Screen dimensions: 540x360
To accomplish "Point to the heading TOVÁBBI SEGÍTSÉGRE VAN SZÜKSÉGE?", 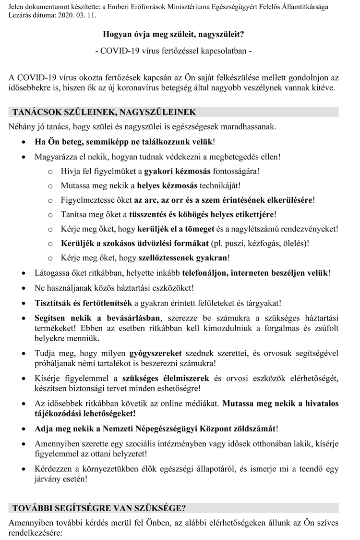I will [x=99, y=508].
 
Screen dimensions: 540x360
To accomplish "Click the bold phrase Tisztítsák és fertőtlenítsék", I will [x=83, y=303].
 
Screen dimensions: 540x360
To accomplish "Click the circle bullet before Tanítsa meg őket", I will [x=51, y=214].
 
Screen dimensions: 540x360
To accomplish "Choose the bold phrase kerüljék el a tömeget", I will [x=170, y=228].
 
